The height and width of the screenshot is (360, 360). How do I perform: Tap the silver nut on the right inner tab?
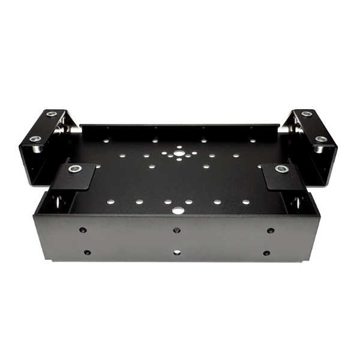pyautogui.click(x=280, y=169)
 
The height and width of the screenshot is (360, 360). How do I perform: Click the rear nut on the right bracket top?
pyautogui.click(x=307, y=113)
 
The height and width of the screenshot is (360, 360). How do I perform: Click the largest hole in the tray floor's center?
pyautogui.click(x=178, y=154)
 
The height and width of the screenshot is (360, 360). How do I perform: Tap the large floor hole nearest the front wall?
pyautogui.click(x=178, y=211)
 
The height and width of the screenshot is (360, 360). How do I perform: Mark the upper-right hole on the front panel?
pyautogui.click(x=271, y=230)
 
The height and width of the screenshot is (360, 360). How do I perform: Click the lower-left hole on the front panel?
pyautogui.click(x=87, y=253)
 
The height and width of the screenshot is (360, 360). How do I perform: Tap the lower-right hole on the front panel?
pyautogui.click(x=266, y=253)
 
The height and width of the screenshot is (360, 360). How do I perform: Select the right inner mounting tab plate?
pyautogui.click(x=277, y=177)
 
